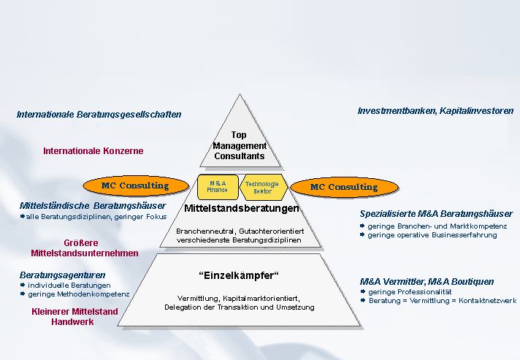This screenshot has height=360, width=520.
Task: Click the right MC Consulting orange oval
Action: coord(344,187)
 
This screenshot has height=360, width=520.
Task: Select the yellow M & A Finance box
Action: coord(218,186)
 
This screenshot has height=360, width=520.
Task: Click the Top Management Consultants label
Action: coord(239,145)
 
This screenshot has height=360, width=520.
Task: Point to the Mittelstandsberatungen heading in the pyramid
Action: coord(242,209)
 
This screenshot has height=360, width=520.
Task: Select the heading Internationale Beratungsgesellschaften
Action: coord(99,115)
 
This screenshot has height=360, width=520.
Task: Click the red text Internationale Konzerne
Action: coord(93,151)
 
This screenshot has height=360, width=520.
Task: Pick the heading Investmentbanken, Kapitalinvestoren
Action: coord(435,111)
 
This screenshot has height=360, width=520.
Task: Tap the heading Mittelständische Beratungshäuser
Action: coord(93,206)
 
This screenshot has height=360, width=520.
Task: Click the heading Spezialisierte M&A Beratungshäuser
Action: coord(436,214)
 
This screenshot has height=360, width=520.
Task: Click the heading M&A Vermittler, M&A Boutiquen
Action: coord(427,281)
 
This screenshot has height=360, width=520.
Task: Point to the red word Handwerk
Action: coord(72,321)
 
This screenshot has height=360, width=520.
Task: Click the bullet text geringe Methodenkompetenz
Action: coord(78,294)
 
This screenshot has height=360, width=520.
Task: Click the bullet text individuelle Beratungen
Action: coord(69,285)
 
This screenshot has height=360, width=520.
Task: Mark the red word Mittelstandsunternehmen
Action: coord(85,253)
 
